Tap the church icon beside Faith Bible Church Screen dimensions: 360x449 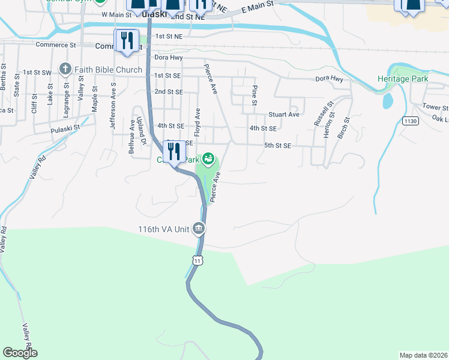click(64, 70)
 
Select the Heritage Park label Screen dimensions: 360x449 click(402, 79)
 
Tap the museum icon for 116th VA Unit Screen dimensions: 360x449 click(199, 229)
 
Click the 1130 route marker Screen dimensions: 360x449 click(411, 121)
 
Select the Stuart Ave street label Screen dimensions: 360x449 click(283, 115)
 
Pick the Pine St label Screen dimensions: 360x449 click(255, 96)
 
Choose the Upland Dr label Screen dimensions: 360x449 click(142, 131)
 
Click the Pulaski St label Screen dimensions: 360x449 click(65, 128)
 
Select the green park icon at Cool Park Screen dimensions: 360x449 click(208, 159)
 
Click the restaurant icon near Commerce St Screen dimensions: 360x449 click(126, 40)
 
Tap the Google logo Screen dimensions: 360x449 click(20, 353)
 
